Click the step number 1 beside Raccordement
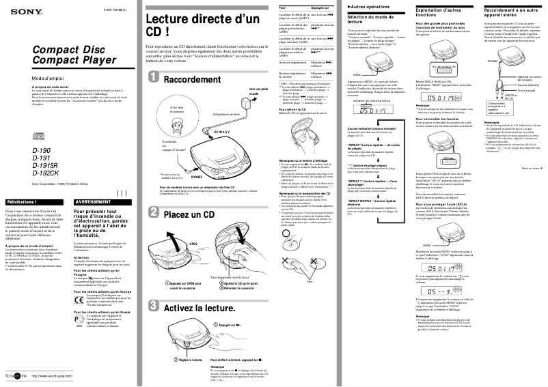click(x=153, y=81)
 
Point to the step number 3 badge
click(x=153, y=307)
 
